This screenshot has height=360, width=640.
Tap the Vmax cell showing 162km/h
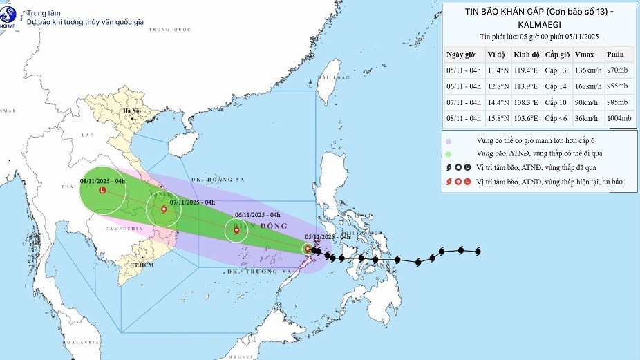coord(587,86)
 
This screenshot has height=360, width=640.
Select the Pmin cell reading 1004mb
coord(619,118)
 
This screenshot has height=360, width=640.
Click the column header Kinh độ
coord(526,55)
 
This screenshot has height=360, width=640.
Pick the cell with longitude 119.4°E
coord(526,70)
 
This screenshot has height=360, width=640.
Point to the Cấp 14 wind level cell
coord(556,86)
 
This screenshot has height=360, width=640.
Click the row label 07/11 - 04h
coord(464,102)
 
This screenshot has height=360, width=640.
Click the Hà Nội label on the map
coord(131,111)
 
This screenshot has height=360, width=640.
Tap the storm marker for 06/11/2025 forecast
coord(237,231)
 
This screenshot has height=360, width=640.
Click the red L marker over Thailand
coord(103,189)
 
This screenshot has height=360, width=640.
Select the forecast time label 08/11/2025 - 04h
coord(102,180)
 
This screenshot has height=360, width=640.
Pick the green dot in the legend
coord(449,153)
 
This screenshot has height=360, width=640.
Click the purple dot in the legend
coord(449,140)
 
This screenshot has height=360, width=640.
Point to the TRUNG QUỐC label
coord(169,30)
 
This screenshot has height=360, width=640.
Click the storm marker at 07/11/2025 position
coord(164,209)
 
